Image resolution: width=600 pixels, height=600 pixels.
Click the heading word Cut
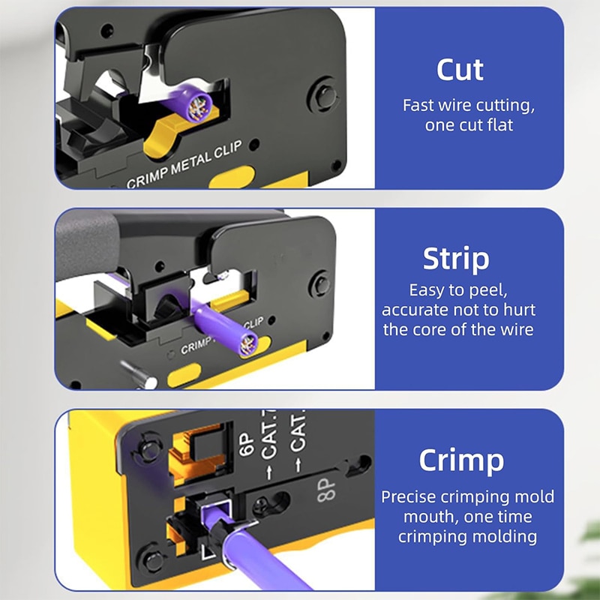(460, 70)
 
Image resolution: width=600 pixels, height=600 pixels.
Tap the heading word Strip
(456, 259)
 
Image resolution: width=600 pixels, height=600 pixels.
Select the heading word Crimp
(461, 460)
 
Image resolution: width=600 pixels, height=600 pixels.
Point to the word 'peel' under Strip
(488, 290)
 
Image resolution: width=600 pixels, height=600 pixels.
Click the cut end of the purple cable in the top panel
(199, 105)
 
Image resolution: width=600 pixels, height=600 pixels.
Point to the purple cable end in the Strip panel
(247, 344)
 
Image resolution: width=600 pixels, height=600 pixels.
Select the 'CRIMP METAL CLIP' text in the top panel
(184, 164)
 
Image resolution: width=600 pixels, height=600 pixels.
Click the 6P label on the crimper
(246, 444)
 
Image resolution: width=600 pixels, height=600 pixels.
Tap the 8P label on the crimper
(326, 490)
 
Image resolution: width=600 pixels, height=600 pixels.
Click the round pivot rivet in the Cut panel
(324, 95)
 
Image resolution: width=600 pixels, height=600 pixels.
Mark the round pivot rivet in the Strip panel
(320, 284)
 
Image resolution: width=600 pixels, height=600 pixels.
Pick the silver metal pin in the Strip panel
(139, 373)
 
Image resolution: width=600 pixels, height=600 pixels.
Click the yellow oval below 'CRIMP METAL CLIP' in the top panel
(232, 177)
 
